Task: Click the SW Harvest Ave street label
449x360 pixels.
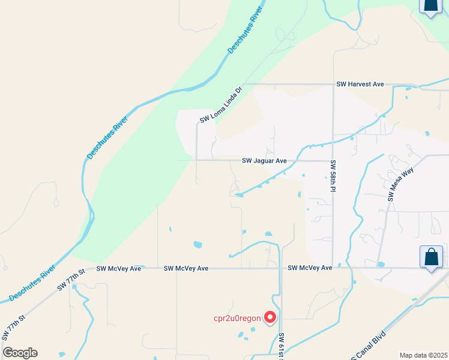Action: click(360, 85)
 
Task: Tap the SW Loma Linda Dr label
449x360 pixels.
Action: click(221, 105)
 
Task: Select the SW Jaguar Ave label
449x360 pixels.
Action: click(264, 161)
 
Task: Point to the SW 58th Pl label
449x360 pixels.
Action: click(332, 176)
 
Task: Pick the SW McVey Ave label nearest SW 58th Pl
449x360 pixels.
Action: click(310, 268)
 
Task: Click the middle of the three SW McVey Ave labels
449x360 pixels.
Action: click(186, 268)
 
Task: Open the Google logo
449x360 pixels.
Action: click(20, 353)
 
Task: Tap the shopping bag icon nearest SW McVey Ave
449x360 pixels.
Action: click(431, 258)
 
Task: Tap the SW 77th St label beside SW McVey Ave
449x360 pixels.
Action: click(72, 280)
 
